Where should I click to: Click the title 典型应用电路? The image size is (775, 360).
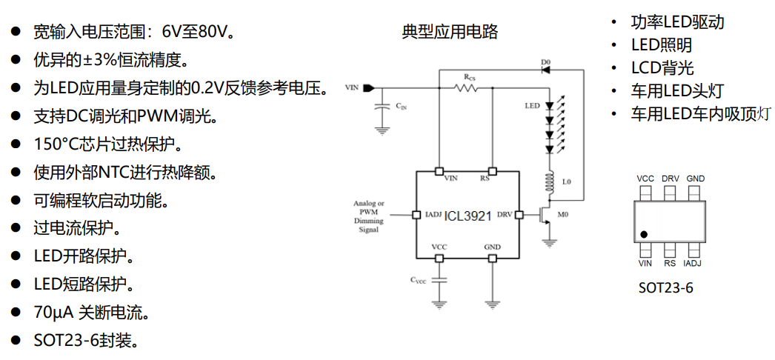450,32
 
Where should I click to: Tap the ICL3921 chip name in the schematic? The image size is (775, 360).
468,216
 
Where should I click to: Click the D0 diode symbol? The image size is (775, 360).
546,70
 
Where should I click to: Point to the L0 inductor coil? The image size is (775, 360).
549,181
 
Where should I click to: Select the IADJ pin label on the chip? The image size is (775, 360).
433,216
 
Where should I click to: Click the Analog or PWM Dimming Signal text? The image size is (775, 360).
368,216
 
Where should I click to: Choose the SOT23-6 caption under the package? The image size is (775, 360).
665,288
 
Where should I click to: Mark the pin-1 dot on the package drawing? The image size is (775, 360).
645,234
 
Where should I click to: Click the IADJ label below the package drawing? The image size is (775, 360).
693,263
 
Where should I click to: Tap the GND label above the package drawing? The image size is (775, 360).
695,179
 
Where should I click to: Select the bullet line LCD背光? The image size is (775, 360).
662,68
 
